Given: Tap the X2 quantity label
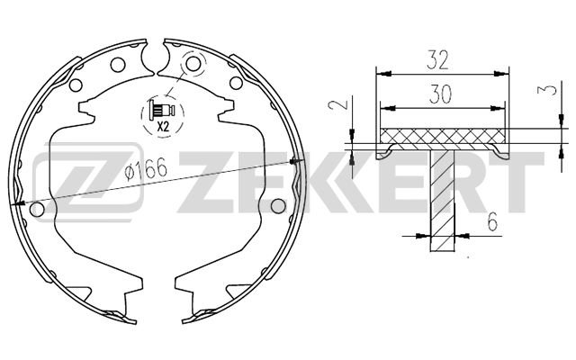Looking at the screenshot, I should [163, 127].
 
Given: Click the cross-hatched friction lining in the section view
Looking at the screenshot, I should [441, 137].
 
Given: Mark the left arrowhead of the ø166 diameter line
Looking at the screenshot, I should [18, 204].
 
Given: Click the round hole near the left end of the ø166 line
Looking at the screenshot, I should [37, 210].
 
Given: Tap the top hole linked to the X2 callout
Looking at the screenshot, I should [190, 65].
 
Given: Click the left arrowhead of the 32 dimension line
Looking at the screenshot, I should [378, 71].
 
